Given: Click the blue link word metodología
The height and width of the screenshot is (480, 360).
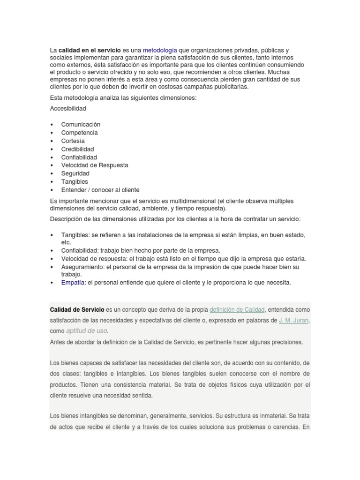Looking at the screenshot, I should (160, 50).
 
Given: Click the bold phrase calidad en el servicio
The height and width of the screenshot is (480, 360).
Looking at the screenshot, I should (90, 50).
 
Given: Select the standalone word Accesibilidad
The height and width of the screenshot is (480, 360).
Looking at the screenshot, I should (68, 108).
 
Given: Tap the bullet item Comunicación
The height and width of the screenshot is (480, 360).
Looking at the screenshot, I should (81, 124).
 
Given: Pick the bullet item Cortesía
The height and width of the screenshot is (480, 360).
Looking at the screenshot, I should (73, 141).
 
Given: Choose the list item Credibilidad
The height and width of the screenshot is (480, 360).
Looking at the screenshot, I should (77, 149).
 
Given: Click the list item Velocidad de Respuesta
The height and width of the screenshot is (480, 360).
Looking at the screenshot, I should (95, 165).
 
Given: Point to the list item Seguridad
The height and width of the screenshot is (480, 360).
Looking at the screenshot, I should (75, 173).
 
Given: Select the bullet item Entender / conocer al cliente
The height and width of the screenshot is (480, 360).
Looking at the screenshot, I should (100, 190).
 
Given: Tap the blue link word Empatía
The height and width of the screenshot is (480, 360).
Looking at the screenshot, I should (73, 283).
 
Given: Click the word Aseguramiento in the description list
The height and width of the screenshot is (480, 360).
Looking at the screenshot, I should (82, 267).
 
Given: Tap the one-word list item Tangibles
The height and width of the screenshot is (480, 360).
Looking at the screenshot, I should (75, 181).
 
